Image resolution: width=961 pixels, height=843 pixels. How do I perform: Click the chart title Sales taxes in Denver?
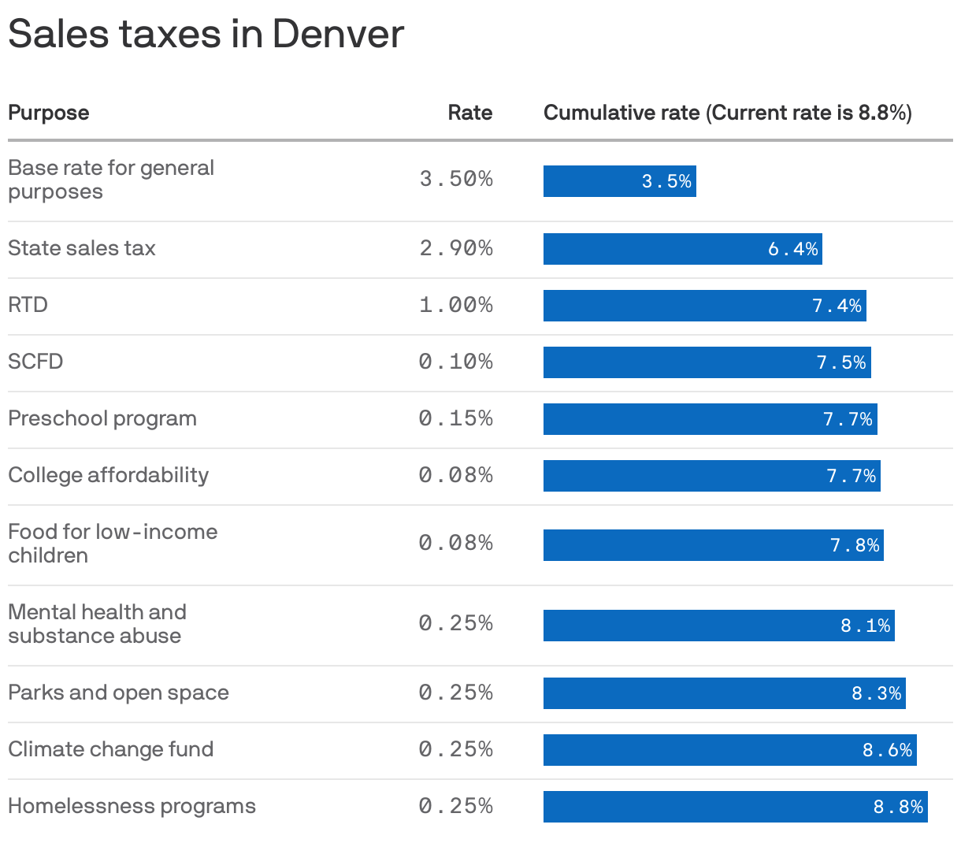pyautogui.click(x=206, y=35)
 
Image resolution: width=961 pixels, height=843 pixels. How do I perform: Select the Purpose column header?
pyautogui.click(x=49, y=113)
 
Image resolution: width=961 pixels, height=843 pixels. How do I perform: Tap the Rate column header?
pyautogui.click(x=469, y=113)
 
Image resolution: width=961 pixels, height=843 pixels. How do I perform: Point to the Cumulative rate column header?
pyautogui.click(x=727, y=113)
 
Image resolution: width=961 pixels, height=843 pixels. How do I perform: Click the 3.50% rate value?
pyautogui.click(x=456, y=179)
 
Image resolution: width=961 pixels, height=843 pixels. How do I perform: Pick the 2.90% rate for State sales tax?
pyautogui.click(x=456, y=248)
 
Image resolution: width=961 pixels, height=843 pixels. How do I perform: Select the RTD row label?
pyautogui.click(x=28, y=305)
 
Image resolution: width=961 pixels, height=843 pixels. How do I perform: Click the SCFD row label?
pyautogui.click(x=35, y=362)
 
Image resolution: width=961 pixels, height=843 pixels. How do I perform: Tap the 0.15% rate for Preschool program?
pyautogui.click(x=456, y=418)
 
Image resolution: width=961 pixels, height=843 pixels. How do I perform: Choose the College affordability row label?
pyautogui.click(x=109, y=475)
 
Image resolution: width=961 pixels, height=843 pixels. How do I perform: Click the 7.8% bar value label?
pyautogui.click(x=855, y=545)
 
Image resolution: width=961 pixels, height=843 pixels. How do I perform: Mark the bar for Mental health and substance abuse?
pyautogui.click(x=718, y=626)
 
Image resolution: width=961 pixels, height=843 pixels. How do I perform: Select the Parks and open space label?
pyautogui.click(x=118, y=693)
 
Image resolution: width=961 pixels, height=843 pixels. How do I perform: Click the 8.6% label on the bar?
pyautogui.click(x=887, y=750)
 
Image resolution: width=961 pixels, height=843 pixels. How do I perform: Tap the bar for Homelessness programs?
pyautogui.click(x=735, y=807)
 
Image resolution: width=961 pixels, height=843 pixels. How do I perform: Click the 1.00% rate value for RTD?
pyautogui.click(x=456, y=305)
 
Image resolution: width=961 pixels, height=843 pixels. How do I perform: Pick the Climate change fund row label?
pyautogui.click(x=111, y=749)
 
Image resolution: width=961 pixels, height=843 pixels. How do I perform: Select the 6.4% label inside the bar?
pyautogui.click(x=793, y=249)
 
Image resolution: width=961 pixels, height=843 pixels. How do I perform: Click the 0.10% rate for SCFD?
pyautogui.click(x=456, y=362)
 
